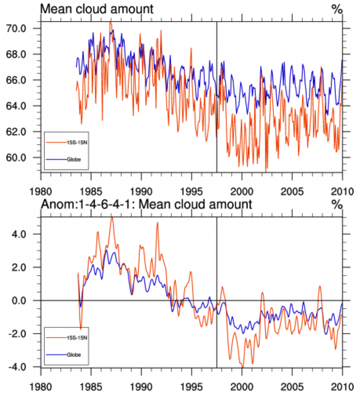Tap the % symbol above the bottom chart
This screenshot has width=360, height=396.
click(x=337, y=203)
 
